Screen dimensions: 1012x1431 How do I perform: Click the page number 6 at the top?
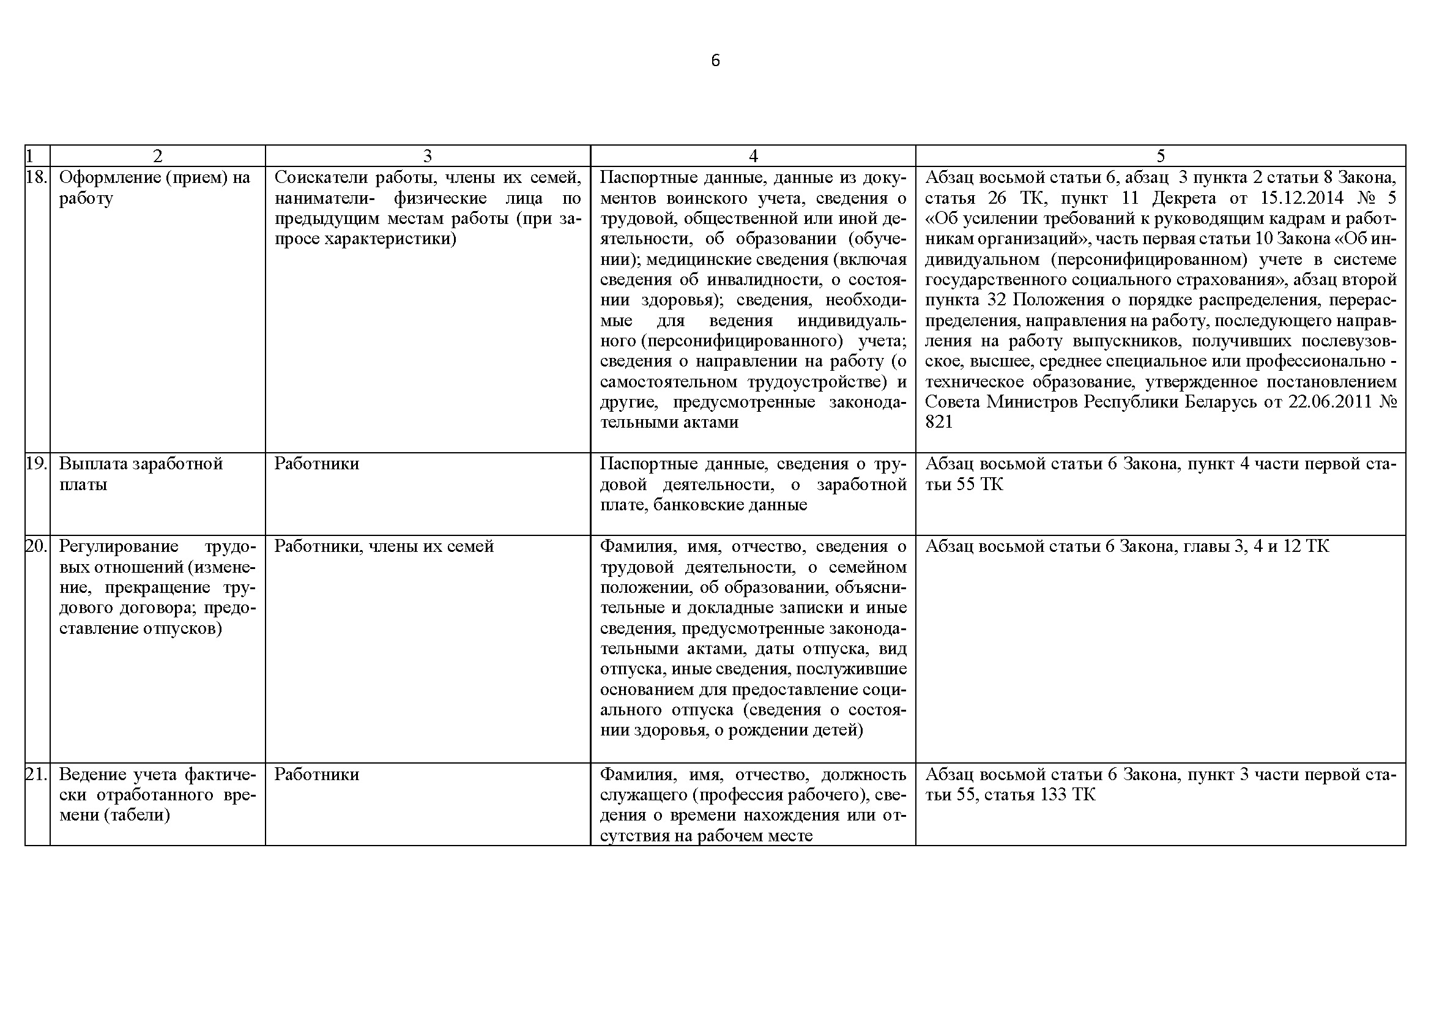point(715,61)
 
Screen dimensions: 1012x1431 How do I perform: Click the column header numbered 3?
point(428,156)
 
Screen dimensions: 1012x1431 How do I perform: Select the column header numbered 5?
point(1160,156)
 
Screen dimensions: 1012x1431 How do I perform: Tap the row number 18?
point(37,177)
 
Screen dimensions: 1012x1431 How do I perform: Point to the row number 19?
point(37,464)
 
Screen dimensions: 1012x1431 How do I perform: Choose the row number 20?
point(37,546)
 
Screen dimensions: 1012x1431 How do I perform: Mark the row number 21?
point(37,775)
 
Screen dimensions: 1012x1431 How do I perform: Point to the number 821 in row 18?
point(939,423)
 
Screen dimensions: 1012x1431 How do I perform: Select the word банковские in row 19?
point(697,505)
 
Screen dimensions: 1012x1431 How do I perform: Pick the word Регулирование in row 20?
point(119,546)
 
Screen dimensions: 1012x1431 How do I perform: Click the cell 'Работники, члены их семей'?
point(384,546)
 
